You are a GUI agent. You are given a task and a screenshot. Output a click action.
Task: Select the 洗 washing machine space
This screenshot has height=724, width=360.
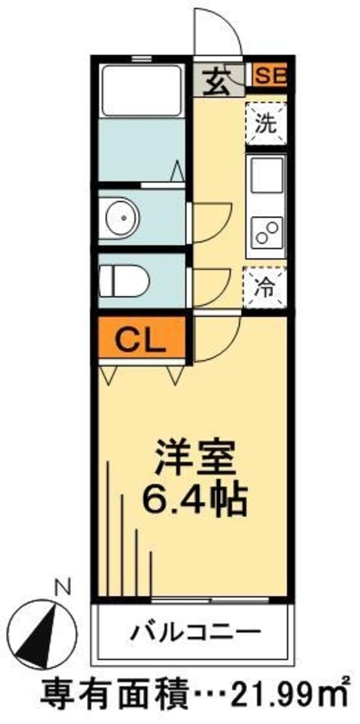point(266,123)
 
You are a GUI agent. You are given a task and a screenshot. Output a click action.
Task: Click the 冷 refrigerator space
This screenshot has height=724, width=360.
point(266,287)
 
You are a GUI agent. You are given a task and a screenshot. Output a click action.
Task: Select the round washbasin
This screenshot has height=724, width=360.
point(123,218)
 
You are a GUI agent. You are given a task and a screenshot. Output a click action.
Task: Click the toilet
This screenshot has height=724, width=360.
point(124,280)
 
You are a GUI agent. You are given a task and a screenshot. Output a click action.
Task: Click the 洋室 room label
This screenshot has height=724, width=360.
point(195,456)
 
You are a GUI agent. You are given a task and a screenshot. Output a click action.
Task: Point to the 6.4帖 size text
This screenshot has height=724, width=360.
point(195,499)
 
